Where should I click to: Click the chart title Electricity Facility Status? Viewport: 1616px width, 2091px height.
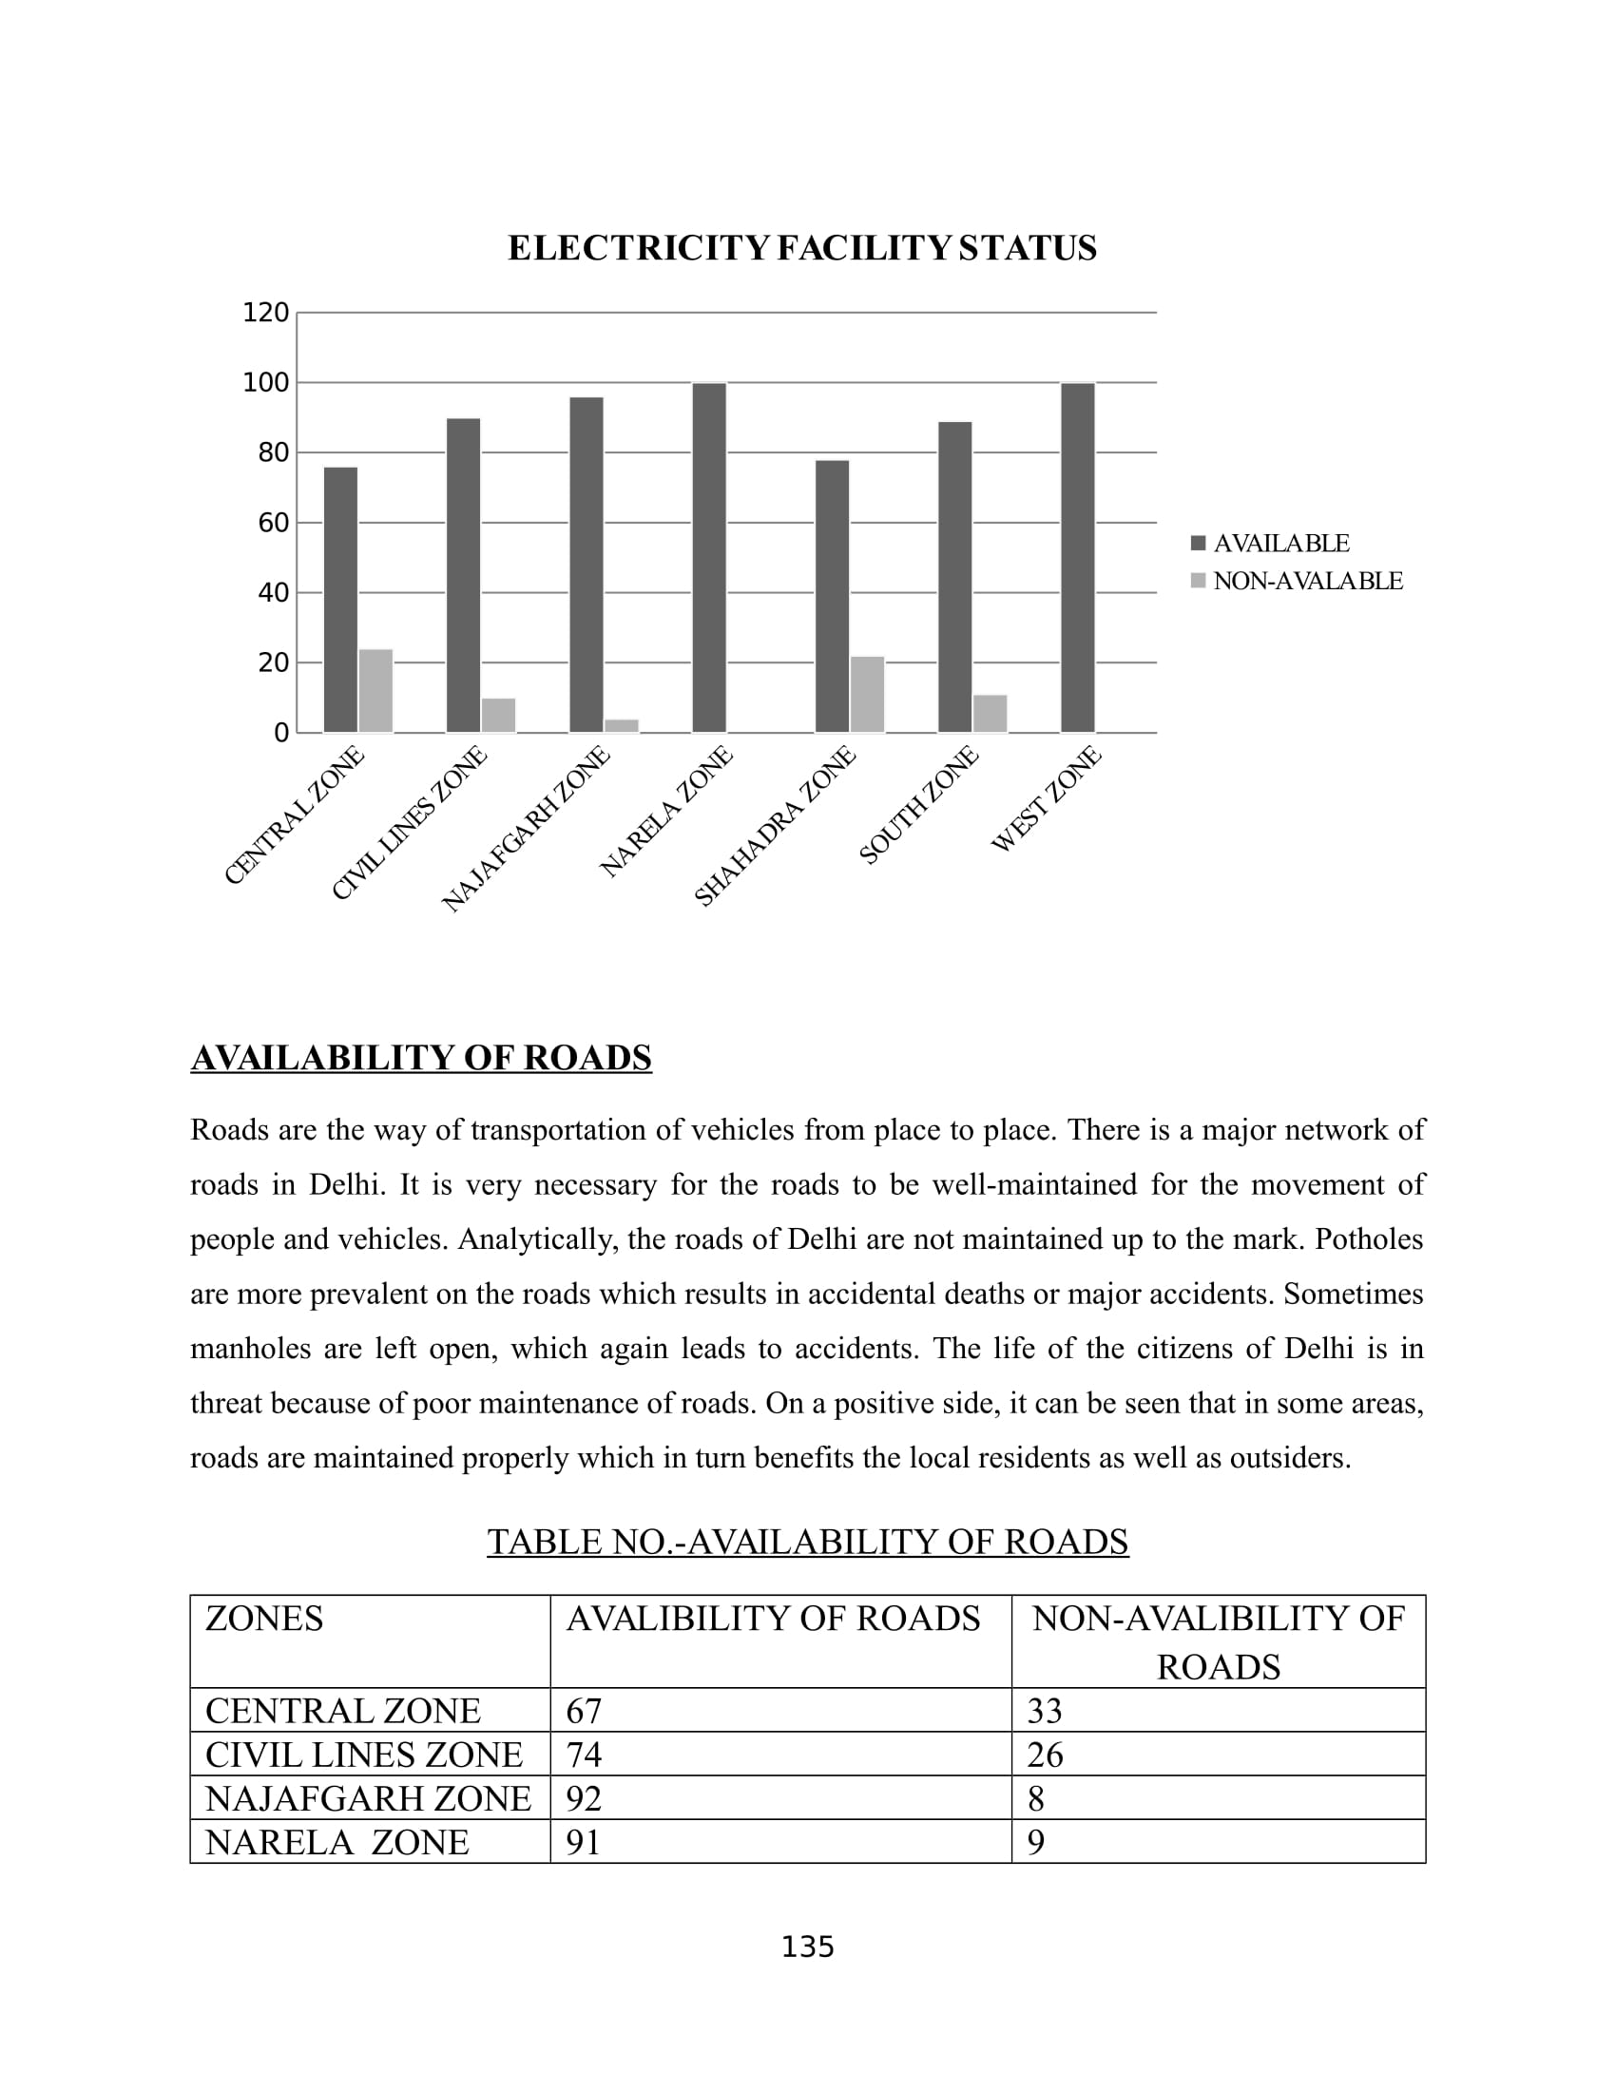pyautogui.click(x=801, y=248)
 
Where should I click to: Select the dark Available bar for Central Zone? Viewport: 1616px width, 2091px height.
pyautogui.click(x=341, y=600)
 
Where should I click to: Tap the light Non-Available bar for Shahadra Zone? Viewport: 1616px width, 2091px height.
pyautogui.click(x=867, y=694)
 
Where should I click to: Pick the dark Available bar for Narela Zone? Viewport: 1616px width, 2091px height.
pyautogui.click(x=709, y=557)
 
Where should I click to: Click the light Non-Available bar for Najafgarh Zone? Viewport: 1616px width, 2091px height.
pyautogui.click(x=622, y=726)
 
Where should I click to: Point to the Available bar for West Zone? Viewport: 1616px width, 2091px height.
pyautogui.click(x=1078, y=557)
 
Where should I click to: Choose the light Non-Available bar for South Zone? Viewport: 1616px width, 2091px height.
pyautogui.click(x=990, y=713)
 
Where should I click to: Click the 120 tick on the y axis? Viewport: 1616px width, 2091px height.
pyautogui.click(x=265, y=313)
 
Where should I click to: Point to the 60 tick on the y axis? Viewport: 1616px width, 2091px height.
pyautogui.click(x=273, y=523)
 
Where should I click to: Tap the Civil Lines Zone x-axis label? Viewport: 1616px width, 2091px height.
pyautogui.click(x=410, y=823)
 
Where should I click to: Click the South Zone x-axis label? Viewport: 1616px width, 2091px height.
pyautogui.click(x=919, y=805)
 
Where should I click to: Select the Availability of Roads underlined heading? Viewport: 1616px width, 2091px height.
pyautogui.click(x=421, y=1058)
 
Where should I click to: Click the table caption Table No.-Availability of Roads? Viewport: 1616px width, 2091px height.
pyautogui.click(x=807, y=1542)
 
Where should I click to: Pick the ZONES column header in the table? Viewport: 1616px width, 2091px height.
pyautogui.click(x=264, y=1619)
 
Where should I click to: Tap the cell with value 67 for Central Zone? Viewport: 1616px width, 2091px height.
pyautogui.click(x=583, y=1711)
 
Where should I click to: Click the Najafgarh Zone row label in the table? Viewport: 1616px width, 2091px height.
pyautogui.click(x=368, y=1799)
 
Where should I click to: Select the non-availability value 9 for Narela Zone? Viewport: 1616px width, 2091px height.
pyautogui.click(x=1036, y=1842)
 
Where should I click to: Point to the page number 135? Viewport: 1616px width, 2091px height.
pyautogui.click(x=807, y=1947)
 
